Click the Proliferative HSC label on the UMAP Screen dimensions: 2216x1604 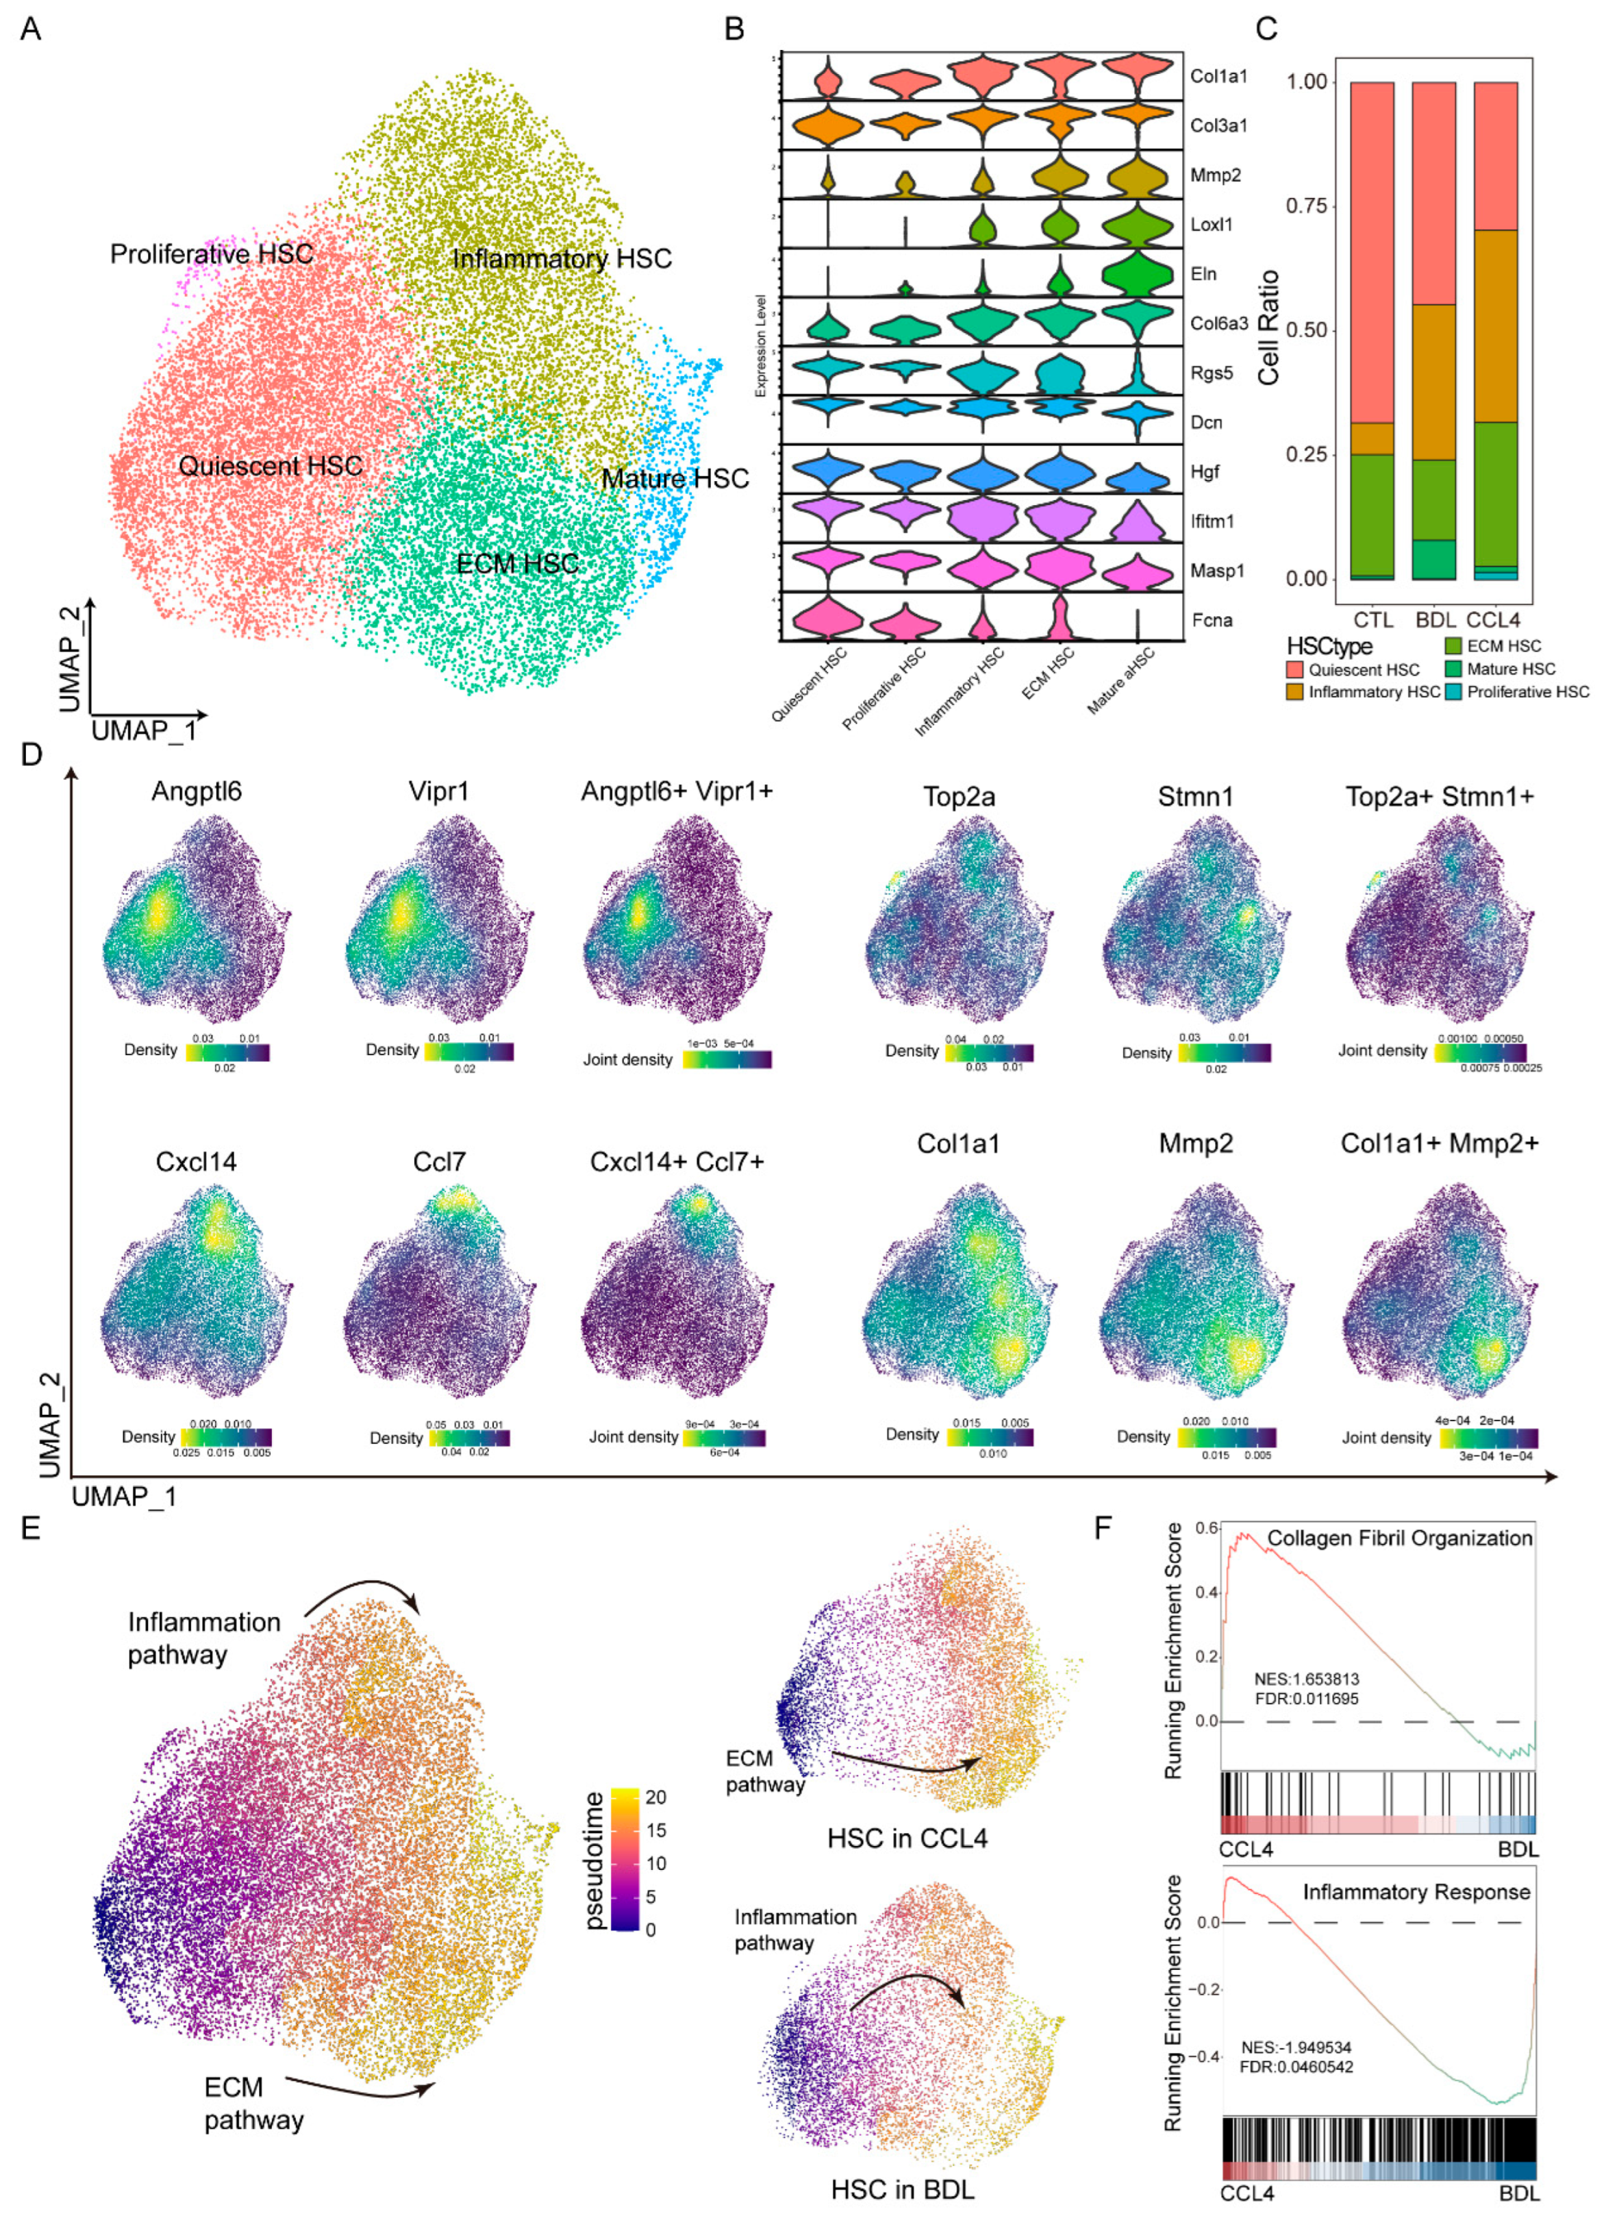click(211, 254)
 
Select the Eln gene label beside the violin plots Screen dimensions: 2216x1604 click(1203, 273)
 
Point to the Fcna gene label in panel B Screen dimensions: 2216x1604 click(1212, 619)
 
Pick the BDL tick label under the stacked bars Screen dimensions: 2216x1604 click(1435, 619)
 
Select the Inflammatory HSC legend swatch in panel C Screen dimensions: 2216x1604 click(1295, 693)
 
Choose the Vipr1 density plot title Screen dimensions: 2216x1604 click(438, 791)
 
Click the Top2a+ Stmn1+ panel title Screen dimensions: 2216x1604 click(1439, 796)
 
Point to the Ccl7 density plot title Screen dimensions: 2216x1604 click(438, 1161)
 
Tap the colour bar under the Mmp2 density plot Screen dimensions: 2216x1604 click(1226, 1438)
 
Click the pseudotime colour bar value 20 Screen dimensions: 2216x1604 click(655, 1797)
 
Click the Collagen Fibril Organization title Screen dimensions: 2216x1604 click(1399, 1538)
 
